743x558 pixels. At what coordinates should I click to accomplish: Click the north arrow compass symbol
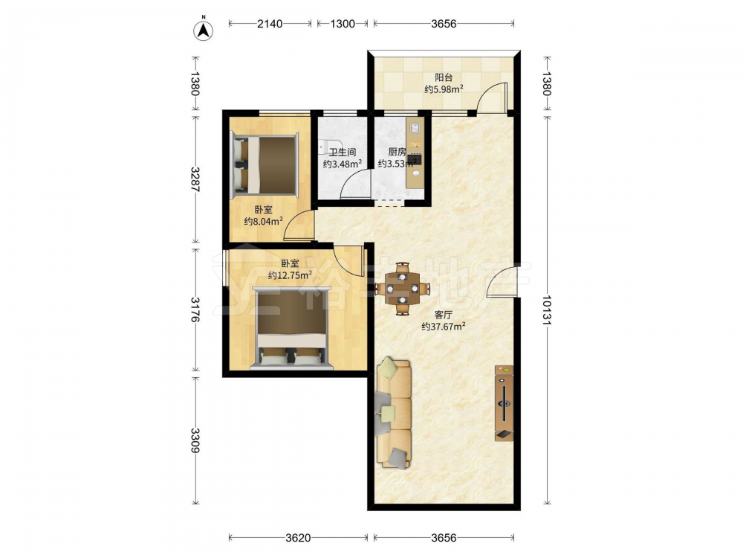coord(204,30)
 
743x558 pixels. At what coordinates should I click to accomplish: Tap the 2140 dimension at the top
coord(270,23)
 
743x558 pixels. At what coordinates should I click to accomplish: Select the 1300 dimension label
coord(342,23)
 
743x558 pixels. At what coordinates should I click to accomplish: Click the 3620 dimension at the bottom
coord(298,538)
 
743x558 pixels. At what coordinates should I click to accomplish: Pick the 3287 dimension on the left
coord(195,179)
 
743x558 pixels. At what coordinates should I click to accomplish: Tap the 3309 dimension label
coord(195,440)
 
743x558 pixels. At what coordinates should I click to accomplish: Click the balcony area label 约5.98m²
coord(444,89)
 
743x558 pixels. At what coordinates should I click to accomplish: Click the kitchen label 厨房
coord(397,152)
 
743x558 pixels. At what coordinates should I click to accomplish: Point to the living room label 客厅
coord(444,315)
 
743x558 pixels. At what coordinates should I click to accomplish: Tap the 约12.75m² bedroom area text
coord(290,275)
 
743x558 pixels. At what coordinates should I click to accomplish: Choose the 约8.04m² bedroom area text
coord(264,221)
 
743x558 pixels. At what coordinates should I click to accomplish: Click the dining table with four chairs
coord(402,288)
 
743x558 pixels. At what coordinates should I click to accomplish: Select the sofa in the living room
coord(394,413)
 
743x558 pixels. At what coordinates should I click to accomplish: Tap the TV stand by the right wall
coord(504,403)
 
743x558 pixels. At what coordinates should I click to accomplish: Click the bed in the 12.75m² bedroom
coord(290,328)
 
